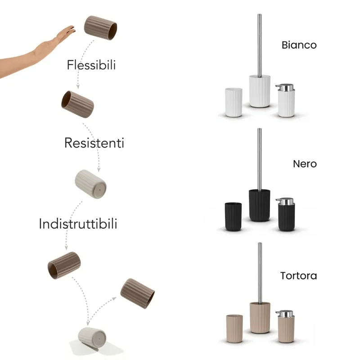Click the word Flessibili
click(91, 65)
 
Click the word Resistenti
click(94, 143)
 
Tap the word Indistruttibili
click(78, 224)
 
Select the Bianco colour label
click(299, 45)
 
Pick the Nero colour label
click(305, 164)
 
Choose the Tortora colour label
click(298, 275)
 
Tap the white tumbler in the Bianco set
click(234, 103)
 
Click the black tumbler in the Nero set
click(233, 216)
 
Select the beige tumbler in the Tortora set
click(234, 328)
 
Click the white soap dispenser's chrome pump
click(285, 87)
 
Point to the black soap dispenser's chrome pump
click(285, 201)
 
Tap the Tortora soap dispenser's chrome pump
click(285, 314)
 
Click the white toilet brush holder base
click(260, 91)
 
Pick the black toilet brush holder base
click(260, 205)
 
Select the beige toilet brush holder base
click(260, 318)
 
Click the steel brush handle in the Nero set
click(260, 159)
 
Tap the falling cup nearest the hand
click(100, 28)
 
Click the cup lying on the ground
click(92, 338)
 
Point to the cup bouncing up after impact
click(137, 294)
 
